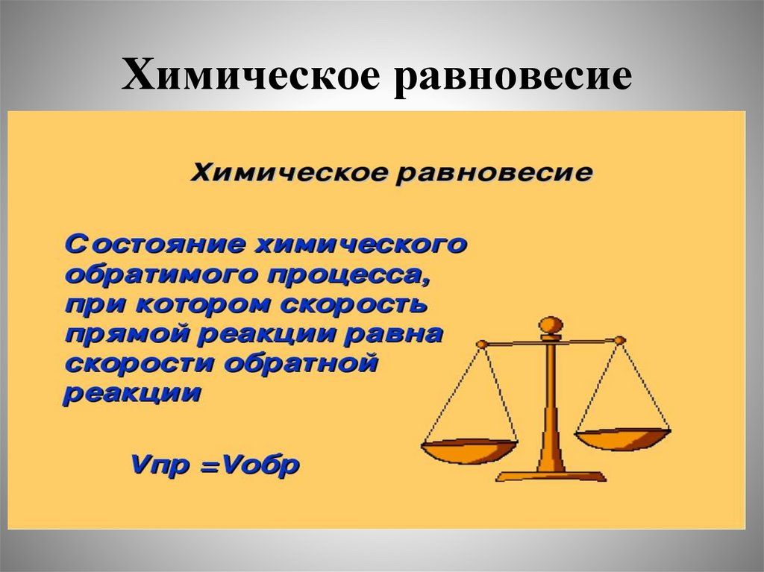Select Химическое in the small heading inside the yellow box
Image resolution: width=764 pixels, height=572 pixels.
pos(289,173)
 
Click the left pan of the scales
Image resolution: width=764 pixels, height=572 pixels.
pos(469,449)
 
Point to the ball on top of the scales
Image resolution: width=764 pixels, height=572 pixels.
pos(551,326)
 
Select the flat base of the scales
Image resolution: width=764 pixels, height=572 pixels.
pos(551,475)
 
